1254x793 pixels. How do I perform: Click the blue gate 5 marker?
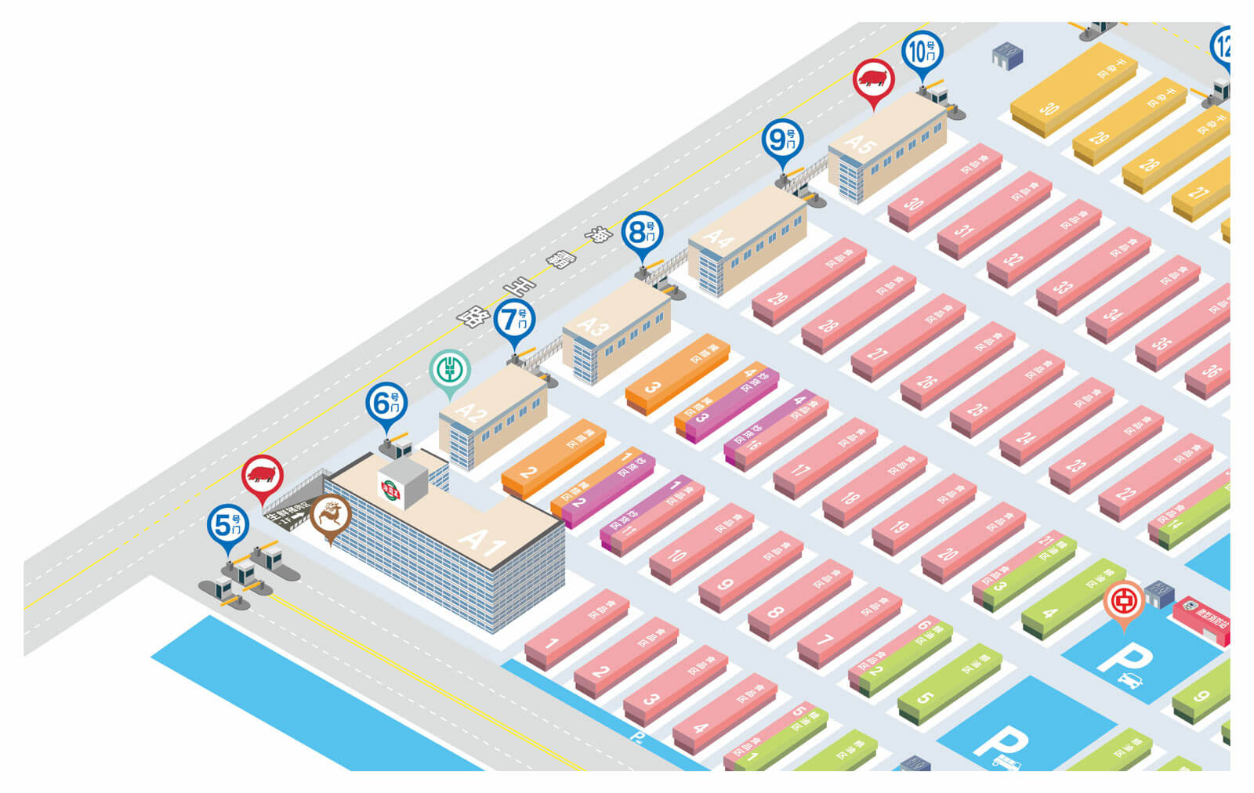click(x=228, y=525)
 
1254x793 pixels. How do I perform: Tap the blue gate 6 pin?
click(x=386, y=403)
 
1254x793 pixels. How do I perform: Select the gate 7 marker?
click(x=514, y=319)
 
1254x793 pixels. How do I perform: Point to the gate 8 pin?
click(x=642, y=232)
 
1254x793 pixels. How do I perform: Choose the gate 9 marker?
click(x=782, y=140)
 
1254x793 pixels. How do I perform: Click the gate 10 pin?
click(x=922, y=51)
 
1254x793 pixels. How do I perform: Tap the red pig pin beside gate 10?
click(x=873, y=78)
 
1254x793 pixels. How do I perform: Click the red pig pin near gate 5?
click(x=262, y=474)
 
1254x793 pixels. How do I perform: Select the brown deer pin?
click(x=330, y=516)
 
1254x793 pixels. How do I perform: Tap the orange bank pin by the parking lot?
click(x=1123, y=599)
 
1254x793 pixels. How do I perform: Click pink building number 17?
click(x=823, y=458)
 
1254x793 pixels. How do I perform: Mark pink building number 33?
click(x=1092, y=271)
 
